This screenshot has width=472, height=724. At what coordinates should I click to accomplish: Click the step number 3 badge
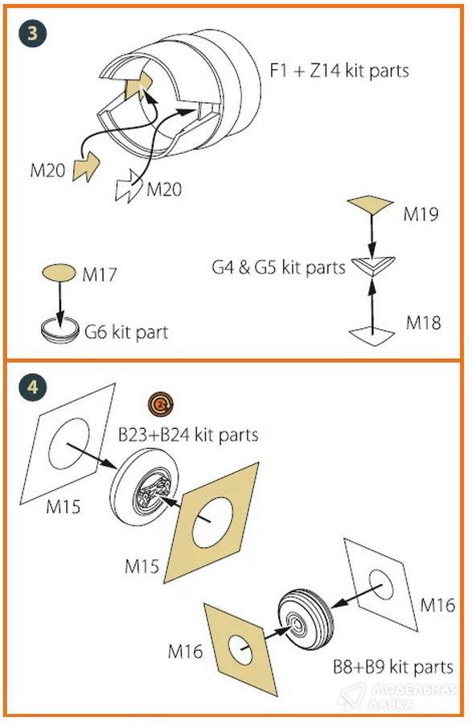click(x=32, y=33)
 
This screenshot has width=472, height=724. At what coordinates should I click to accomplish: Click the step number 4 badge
click(x=32, y=386)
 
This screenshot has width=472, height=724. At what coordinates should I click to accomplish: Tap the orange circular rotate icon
click(x=161, y=405)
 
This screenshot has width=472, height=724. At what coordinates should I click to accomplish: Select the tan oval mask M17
click(x=59, y=273)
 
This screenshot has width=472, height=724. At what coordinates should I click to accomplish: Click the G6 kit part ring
click(x=59, y=330)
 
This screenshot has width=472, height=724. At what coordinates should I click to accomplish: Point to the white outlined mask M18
click(x=371, y=336)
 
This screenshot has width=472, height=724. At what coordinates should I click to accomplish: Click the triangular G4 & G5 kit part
click(x=373, y=266)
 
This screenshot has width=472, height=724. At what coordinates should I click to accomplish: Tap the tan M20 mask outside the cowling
click(x=86, y=167)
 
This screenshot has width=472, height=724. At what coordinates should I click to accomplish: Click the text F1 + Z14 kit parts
click(x=339, y=71)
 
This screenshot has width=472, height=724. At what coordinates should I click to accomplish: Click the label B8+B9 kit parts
click(x=393, y=667)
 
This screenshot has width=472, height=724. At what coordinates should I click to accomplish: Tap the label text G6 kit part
click(x=126, y=332)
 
